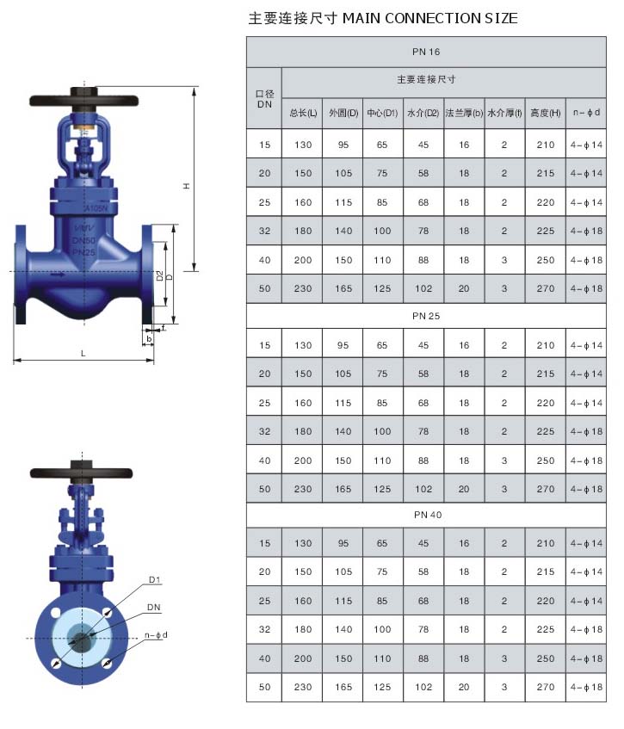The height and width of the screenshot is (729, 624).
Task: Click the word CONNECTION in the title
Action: pos(432,18)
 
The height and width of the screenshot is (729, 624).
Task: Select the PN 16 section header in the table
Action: pos(426,52)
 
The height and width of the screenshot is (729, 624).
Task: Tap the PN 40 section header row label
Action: pos(428,515)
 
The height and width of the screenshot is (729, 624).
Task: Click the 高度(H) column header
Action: pos(546,113)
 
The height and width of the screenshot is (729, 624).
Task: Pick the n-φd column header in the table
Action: pos(586,112)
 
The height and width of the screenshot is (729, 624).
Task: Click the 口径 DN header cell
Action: pos(264,99)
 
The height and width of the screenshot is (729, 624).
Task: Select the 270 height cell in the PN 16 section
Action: pos(546,288)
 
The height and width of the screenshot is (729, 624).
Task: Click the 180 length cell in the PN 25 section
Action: pos(303,431)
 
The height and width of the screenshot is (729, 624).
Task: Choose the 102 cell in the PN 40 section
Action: pos(423,687)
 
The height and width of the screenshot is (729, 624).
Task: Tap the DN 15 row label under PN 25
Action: pos(264,345)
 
